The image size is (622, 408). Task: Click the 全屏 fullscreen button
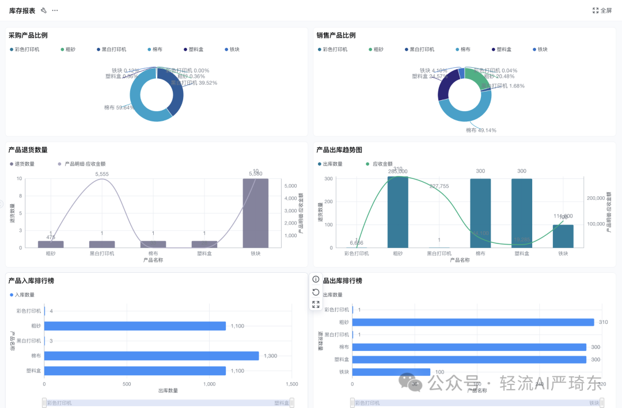602,10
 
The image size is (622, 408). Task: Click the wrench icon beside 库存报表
44,10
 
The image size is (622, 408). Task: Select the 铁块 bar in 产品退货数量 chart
255,213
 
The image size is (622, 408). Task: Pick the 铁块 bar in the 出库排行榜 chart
391,372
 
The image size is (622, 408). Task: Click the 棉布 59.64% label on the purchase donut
119,107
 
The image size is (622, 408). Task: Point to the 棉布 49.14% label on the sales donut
481,130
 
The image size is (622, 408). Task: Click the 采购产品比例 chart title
28,35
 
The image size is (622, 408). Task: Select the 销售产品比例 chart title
336,35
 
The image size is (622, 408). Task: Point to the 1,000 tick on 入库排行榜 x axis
210,384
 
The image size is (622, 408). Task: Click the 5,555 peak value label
102,174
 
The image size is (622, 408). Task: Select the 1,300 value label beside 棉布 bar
270,356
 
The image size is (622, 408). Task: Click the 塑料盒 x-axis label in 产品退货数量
204,253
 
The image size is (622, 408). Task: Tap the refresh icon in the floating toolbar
316,292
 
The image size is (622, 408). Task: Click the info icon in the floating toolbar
316,279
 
